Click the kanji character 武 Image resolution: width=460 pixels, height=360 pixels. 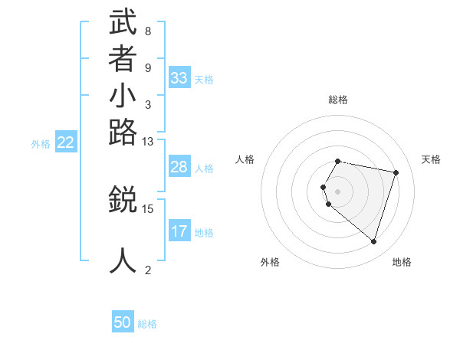pos(123,23)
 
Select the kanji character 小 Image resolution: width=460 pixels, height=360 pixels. pos(123,97)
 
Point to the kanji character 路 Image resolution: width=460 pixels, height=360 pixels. pos(123,133)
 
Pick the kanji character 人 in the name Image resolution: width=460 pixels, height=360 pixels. pos(123,260)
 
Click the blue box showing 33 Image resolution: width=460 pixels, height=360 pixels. pos(179,78)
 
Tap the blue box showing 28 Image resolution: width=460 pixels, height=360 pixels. pos(179,167)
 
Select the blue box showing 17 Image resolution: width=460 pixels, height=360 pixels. pos(179,231)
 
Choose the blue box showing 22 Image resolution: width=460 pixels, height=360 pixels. pos(66,142)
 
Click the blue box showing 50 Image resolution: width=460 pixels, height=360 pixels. pos(123,322)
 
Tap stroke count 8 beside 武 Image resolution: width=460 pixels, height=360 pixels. pos(147,31)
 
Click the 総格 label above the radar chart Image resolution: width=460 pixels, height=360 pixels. pos(338,100)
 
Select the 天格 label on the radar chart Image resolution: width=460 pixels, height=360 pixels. pos(431,159)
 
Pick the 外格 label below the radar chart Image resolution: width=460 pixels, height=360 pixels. pos(270,262)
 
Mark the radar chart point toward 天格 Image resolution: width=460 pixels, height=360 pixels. pos(396,172)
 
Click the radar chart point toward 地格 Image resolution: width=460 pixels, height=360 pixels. pos(373,242)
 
